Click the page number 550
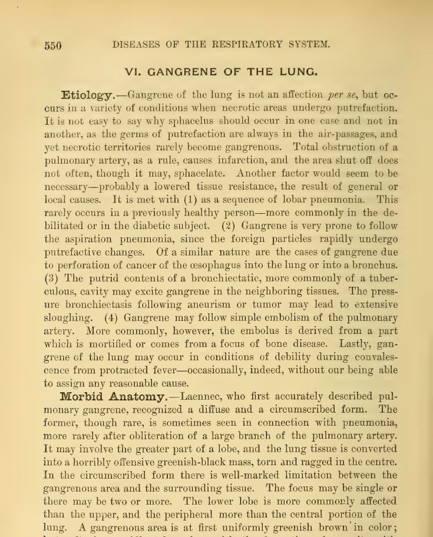pyautogui.click(x=52, y=45)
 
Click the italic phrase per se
pyautogui.click(x=342, y=95)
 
